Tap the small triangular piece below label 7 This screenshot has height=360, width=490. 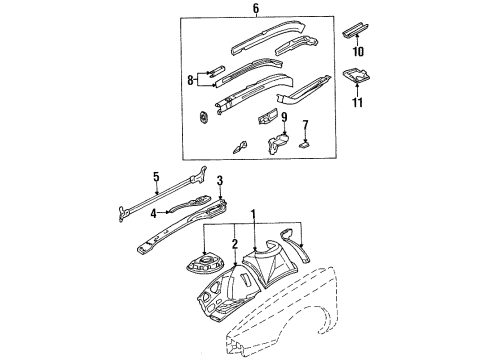[306, 143]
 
